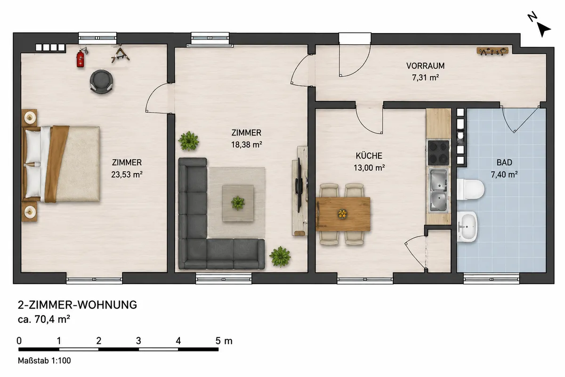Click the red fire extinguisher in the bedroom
[x=81, y=58]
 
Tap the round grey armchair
[x=101, y=82]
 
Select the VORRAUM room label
[x=425, y=66]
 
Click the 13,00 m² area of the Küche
[x=369, y=168]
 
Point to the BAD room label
[x=504, y=163]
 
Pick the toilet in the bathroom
[x=470, y=189]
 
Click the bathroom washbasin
[x=467, y=227]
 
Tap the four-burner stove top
[x=438, y=153]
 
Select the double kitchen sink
[x=438, y=190]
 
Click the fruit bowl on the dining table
[x=342, y=213]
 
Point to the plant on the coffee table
[x=238, y=203]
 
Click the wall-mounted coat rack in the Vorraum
[x=492, y=51]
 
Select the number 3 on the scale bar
[x=138, y=341]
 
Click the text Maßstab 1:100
[x=44, y=361]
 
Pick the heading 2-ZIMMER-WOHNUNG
[x=77, y=305]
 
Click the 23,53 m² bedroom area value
[x=127, y=174]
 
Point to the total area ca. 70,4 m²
[x=44, y=319]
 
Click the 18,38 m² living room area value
[x=247, y=144]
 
